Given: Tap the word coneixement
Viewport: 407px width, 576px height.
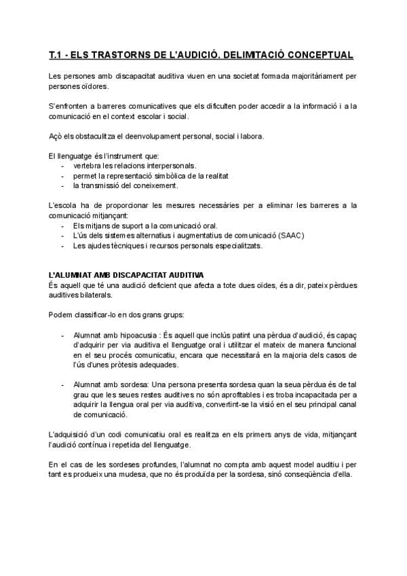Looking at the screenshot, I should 155,185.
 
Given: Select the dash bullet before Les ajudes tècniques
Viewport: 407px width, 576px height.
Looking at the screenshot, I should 63,245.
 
